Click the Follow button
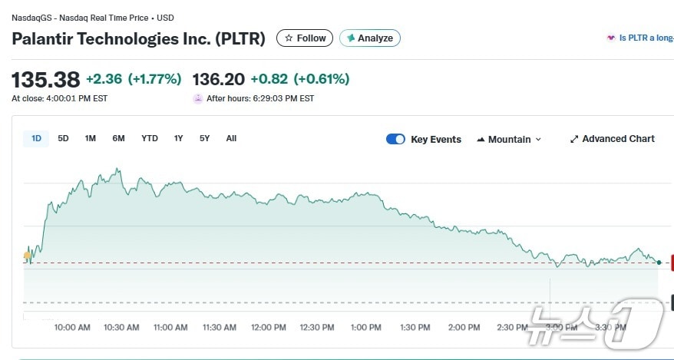305,38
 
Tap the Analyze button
369,38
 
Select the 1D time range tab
36,138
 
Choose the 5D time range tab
63,138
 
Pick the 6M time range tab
118,138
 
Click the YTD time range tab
150,138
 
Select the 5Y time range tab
204,138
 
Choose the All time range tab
231,138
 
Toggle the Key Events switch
395,139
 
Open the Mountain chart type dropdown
509,139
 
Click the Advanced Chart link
612,139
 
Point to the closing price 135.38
46,80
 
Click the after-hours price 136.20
219,79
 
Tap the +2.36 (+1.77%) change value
134,79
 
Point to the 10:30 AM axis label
121,327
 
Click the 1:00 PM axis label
365,327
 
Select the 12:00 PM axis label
268,327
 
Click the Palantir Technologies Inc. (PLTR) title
138,38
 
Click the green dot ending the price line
659,263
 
